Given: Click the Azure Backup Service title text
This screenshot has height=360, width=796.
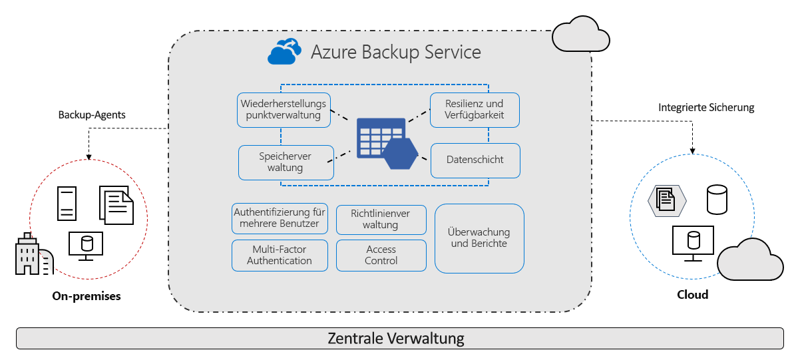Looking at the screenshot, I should pyautogui.click(x=395, y=52).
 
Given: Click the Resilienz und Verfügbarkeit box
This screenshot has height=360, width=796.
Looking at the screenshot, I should pyautogui.click(x=475, y=110).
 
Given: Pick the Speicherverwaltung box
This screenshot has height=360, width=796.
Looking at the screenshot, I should pyautogui.click(x=286, y=162).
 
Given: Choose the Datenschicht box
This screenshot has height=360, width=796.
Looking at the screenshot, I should pyautogui.click(x=475, y=160).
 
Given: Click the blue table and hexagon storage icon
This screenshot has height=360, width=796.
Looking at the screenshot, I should pyautogui.click(x=386, y=147).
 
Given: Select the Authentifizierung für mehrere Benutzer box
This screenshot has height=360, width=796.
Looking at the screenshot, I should pyautogui.click(x=280, y=218).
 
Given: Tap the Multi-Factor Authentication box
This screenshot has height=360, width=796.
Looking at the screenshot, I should pyautogui.click(x=280, y=256).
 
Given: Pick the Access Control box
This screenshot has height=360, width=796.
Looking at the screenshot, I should pyautogui.click(x=381, y=256).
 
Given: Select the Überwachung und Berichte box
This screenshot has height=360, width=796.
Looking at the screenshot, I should pyautogui.click(x=479, y=238).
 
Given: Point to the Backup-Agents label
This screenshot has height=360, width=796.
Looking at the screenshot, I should pyautogui.click(x=92, y=114).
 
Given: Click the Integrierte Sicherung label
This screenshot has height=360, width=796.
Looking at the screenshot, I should pyautogui.click(x=706, y=107).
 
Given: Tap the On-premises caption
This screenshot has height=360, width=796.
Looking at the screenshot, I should pyautogui.click(x=87, y=296).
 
